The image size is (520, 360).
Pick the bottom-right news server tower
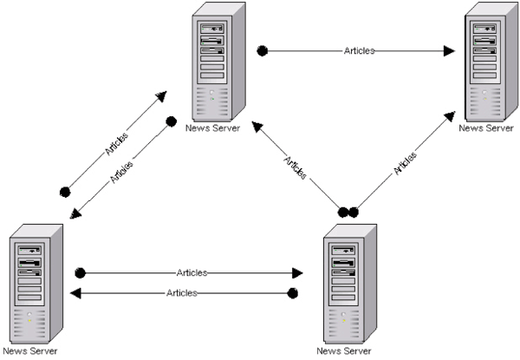click(x=348, y=282)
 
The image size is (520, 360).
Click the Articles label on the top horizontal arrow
click(x=358, y=50)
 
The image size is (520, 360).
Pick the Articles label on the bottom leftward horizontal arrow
click(x=181, y=293)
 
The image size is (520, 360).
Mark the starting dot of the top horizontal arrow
click(x=262, y=50)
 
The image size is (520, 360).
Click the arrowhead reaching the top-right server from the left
click(x=449, y=50)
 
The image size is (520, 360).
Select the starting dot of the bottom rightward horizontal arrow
click(x=80, y=272)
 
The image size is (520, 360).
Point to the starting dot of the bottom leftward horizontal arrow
click(x=293, y=293)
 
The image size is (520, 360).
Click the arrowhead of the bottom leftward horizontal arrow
click(x=75, y=293)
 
